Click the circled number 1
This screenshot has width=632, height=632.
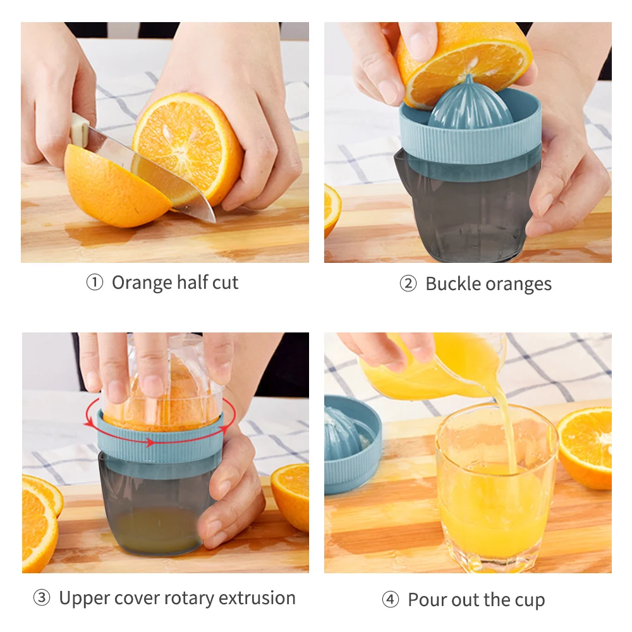click(x=95, y=283)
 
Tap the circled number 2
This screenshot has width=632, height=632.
click(x=408, y=284)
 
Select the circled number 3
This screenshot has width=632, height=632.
click(x=42, y=598)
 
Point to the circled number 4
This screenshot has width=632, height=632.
click(x=390, y=599)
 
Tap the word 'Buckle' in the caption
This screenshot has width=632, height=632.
click(x=453, y=283)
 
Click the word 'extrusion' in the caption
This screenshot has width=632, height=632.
click(x=257, y=597)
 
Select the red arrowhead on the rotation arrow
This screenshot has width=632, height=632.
click(x=150, y=442)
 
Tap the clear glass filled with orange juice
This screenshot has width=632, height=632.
click(x=497, y=488)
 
